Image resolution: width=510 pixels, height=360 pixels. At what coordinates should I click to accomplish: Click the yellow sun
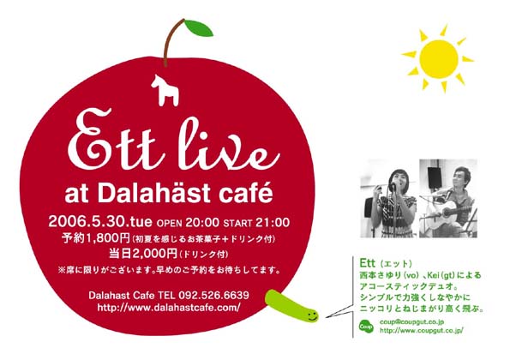438,57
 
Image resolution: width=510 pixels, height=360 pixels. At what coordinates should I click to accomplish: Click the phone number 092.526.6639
210,295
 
